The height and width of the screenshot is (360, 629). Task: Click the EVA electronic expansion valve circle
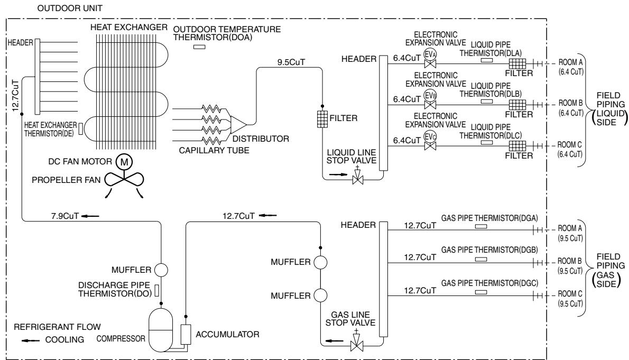pos(430,54)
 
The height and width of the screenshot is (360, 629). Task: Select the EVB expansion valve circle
pos(430,96)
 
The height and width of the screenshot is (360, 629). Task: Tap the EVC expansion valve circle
pos(430,137)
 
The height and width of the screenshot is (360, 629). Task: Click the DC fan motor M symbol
pos(124,162)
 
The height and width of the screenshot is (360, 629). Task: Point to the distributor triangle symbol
pos(238,124)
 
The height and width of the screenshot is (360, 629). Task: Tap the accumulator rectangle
pos(186,334)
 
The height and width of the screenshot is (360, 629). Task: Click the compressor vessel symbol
pos(161,330)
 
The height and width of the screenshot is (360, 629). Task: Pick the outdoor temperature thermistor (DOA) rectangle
pos(199,47)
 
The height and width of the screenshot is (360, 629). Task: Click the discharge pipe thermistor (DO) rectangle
pos(157,291)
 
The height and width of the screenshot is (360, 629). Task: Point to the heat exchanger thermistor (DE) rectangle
pos(81,128)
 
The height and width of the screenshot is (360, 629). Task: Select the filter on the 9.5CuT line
pos(322,119)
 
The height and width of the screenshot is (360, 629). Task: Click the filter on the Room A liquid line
pos(517,63)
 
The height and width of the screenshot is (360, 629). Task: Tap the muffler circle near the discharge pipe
pos(161,269)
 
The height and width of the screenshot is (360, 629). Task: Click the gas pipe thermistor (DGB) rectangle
pos(480,259)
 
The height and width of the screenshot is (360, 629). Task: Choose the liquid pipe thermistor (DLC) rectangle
pos(487,143)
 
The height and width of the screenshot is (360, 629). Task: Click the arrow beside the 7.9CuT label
pos(90,216)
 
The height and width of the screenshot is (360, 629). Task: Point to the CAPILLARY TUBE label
pos(214,151)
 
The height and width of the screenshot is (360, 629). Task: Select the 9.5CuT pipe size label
pos(291,62)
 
